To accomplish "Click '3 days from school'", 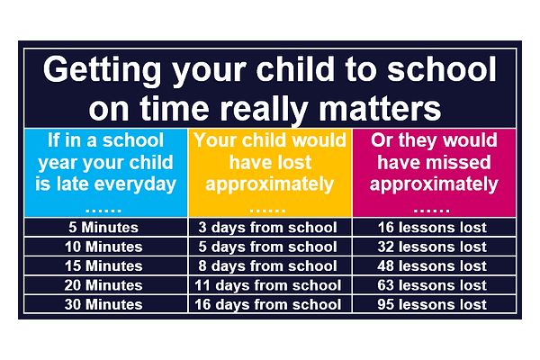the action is [x=267, y=228].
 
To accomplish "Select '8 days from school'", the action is [x=267, y=266].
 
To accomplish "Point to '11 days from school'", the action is [x=267, y=285].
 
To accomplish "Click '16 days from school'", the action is [x=267, y=304].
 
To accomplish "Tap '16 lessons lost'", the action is [x=432, y=228].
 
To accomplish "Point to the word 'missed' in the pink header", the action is [x=457, y=162].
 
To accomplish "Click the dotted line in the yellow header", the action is [x=267, y=210].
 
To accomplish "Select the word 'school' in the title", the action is [x=442, y=69].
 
